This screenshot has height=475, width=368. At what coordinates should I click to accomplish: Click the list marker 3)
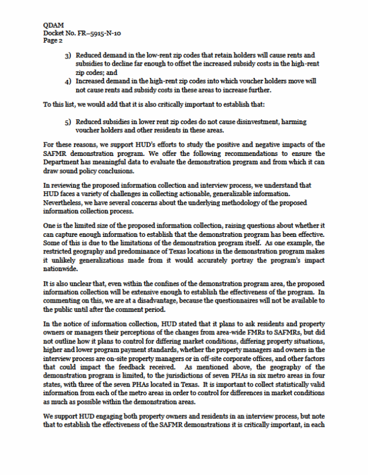click(68, 55)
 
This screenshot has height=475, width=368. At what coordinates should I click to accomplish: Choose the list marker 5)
click(68, 121)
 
